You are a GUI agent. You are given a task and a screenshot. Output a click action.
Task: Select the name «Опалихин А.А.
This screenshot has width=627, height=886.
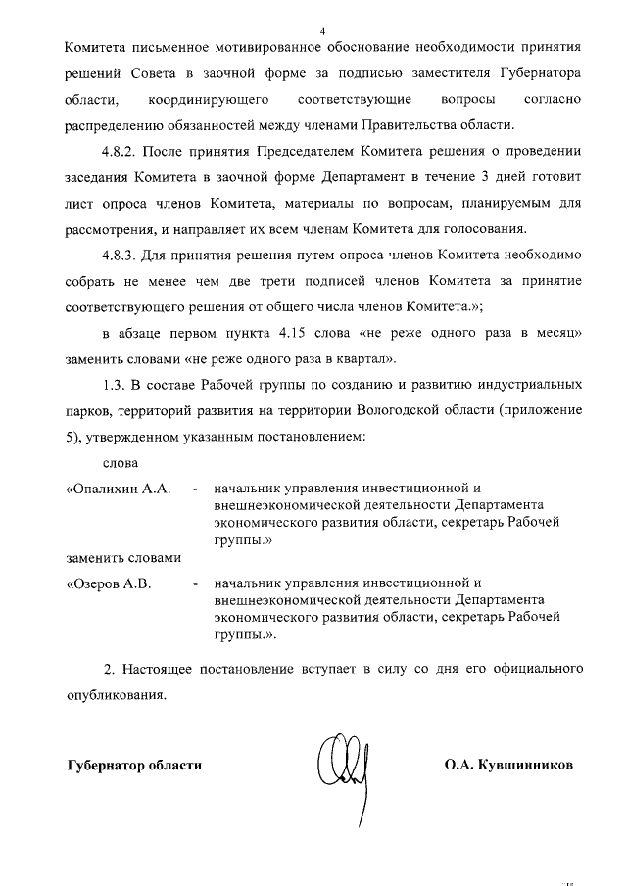pos(119,488)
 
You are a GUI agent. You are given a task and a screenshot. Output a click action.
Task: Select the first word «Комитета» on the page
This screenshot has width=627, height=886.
pos(95,48)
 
